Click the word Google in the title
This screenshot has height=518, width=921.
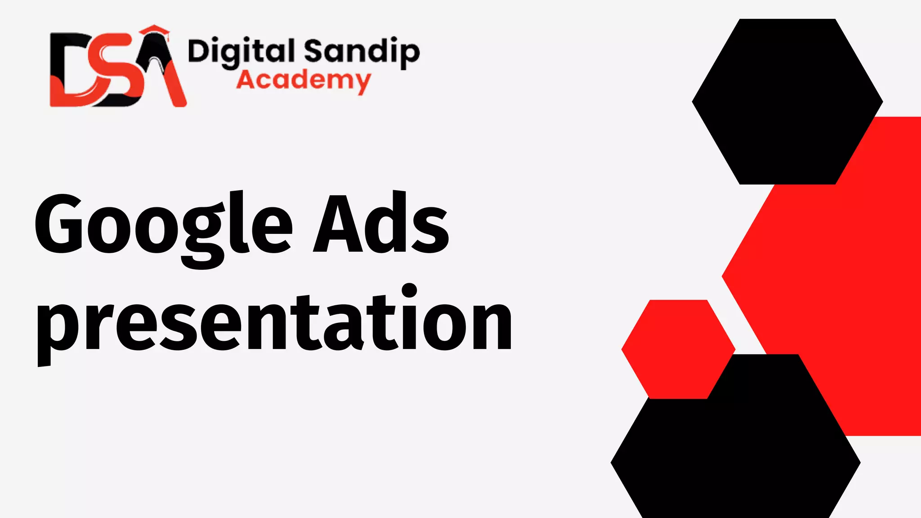164,225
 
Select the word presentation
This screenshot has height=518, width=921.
274,322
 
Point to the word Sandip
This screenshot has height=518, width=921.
362,52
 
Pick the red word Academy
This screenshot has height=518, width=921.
304,81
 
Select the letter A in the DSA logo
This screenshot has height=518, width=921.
162,72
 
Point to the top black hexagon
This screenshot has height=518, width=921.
787,101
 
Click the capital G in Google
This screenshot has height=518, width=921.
58,223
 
